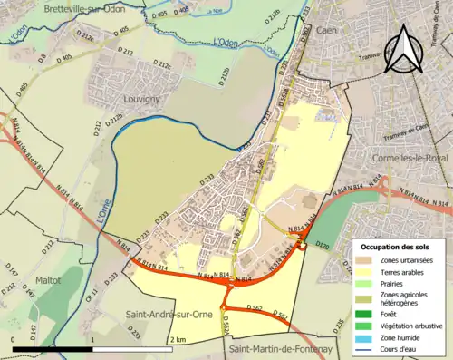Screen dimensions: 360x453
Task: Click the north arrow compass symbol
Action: (404, 49)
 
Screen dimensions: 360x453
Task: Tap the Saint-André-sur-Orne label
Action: (169, 315)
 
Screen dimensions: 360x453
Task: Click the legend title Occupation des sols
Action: (397, 247)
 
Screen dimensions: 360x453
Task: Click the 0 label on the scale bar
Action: (13, 338)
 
